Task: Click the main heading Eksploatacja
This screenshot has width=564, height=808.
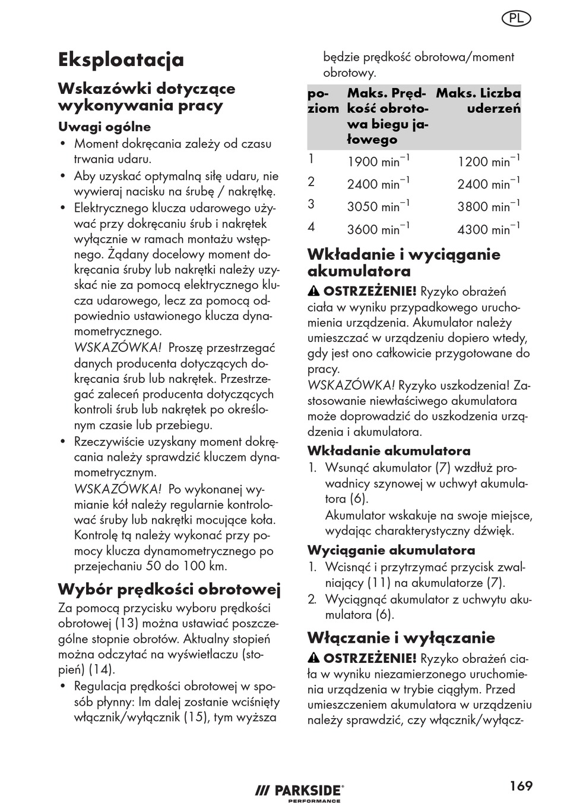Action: [121, 59]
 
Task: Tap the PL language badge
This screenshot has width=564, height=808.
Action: [516, 18]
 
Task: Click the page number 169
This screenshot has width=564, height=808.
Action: [521, 786]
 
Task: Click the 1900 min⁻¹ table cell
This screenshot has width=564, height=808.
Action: [378, 161]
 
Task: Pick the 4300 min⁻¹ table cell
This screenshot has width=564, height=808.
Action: [489, 229]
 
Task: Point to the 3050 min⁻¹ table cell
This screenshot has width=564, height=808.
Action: [378, 206]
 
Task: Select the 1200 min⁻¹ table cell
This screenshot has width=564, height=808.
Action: [489, 161]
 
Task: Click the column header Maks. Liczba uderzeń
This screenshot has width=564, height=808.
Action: [479, 100]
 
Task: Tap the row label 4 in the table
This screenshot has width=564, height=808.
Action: [312, 227]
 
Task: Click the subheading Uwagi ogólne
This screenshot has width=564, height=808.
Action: [104, 127]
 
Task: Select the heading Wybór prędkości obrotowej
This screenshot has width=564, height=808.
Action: [169, 589]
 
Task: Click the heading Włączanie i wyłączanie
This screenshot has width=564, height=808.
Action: [401, 637]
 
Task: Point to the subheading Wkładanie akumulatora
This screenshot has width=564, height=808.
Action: [389, 451]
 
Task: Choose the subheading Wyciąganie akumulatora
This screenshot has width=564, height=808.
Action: [391, 550]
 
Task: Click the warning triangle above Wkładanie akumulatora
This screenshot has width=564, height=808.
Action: [314, 291]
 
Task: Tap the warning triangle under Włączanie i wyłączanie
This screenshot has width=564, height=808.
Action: [314, 658]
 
